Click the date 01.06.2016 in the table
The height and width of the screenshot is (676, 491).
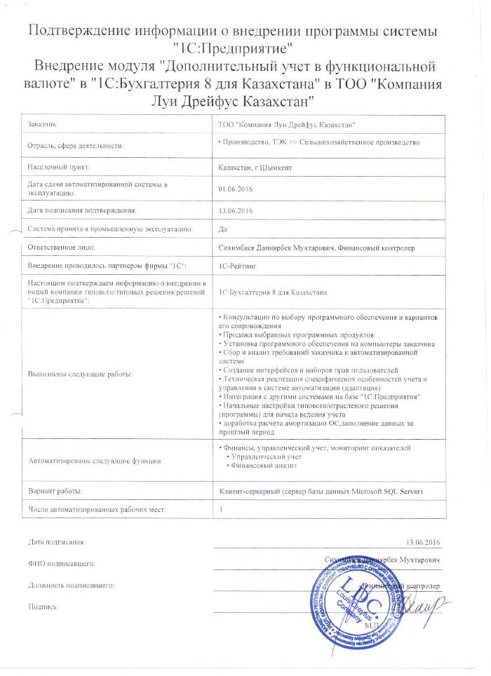pyautogui.click(x=234, y=188)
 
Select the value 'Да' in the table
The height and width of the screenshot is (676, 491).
pyautogui.click(x=224, y=229)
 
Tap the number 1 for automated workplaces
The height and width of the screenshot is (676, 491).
pyautogui.click(x=221, y=509)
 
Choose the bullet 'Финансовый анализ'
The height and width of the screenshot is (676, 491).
pyautogui.click(x=264, y=466)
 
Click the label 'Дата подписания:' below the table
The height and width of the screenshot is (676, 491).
pyautogui.click(x=57, y=542)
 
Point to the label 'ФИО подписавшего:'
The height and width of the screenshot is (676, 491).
pyautogui.click(x=61, y=563)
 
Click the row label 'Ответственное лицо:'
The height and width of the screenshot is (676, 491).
pyautogui.click(x=61, y=248)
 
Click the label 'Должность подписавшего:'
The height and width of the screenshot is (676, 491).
pyautogui.click(x=71, y=584)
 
